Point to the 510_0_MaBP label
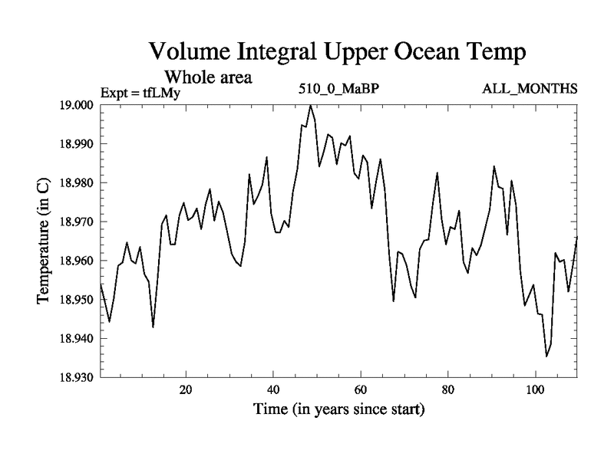click(x=340, y=89)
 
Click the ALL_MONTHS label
click(x=530, y=89)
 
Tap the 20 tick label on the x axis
click(x=186, y=389)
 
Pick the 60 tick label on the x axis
click(x=359, y=389)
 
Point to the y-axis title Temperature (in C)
click(x=43, y=241)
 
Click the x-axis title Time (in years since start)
click(x=339, y=410)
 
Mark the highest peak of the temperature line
click(x=311, y=106)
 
